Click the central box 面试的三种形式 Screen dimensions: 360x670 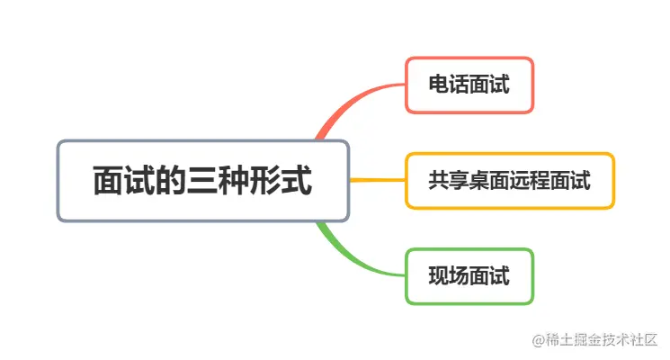point(202,181)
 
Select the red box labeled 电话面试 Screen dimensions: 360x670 point(469,85)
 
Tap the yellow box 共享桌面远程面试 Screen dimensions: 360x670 point(510,181)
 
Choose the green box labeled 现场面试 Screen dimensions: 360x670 point(469,276)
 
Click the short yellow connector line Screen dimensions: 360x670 point(377,181)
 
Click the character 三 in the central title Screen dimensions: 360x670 point(202,181)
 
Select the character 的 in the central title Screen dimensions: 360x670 point(171,181)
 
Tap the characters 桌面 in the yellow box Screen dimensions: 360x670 point(490,181)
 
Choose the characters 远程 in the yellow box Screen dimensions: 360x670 point(531,181)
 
